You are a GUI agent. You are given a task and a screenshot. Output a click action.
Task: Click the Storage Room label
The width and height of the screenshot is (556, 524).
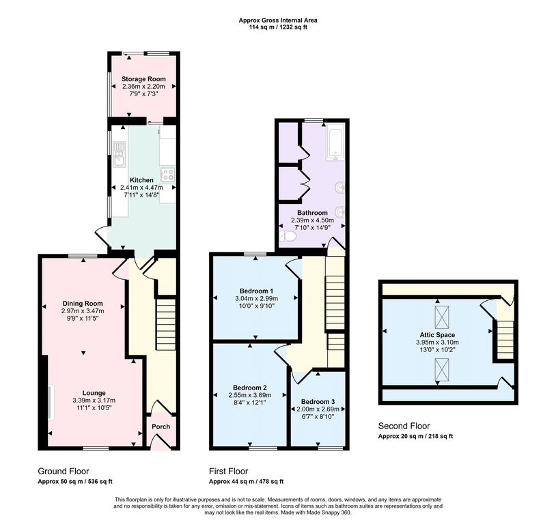[143, 78]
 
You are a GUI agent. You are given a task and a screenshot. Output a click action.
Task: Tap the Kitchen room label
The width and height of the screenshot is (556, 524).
[141, 180]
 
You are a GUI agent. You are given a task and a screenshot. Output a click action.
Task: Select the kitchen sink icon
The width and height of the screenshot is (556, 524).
[119, 154]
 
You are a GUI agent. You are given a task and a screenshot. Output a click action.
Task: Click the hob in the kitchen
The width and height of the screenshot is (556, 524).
[168, 174]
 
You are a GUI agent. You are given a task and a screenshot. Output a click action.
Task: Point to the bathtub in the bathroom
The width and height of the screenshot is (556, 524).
[335, 143]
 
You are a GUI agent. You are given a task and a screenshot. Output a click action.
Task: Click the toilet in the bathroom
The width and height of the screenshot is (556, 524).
[286, 235]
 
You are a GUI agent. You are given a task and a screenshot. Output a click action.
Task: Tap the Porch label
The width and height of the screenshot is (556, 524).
[161, 426]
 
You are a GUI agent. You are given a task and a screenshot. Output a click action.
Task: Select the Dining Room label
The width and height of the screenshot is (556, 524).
[83, 303]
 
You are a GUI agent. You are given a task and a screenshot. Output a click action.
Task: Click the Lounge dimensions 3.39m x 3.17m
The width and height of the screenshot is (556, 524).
[94, 401]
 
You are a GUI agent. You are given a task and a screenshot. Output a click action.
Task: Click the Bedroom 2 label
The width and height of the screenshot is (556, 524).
[249, 388]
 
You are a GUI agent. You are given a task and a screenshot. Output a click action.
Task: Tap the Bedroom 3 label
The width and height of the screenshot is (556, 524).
[318, 402]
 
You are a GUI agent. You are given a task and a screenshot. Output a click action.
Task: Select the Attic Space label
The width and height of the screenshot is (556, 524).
[437, 335]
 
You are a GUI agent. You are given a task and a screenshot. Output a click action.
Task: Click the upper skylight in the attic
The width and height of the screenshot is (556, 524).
[442, 317]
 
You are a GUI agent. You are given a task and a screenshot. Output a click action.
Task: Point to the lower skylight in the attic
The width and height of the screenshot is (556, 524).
[442, 370]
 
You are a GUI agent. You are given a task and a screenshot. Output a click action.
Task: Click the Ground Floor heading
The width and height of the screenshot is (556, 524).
[64, 471]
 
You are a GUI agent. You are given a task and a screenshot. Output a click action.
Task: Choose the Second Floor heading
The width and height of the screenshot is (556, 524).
[404, 426]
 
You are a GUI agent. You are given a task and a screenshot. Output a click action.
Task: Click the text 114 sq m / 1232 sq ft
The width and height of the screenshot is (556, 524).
[278, 27]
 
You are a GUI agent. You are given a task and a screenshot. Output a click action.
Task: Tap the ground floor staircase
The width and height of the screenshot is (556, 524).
[166, 325]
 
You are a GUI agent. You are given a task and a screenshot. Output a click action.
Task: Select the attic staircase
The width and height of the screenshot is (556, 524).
[505, 340]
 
